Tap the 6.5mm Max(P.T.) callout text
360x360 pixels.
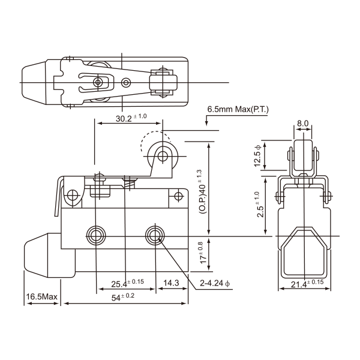[x=238, y=110]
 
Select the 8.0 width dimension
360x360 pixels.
[x=302, y=124]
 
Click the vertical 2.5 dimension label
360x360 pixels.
[x=259, y=205]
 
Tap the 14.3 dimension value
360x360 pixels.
[x=172, y=282]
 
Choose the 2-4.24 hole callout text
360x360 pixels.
[x=214, y=283]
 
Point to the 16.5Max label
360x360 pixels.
[x=41, y=298]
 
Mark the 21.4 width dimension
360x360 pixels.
[x=305, y=284]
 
